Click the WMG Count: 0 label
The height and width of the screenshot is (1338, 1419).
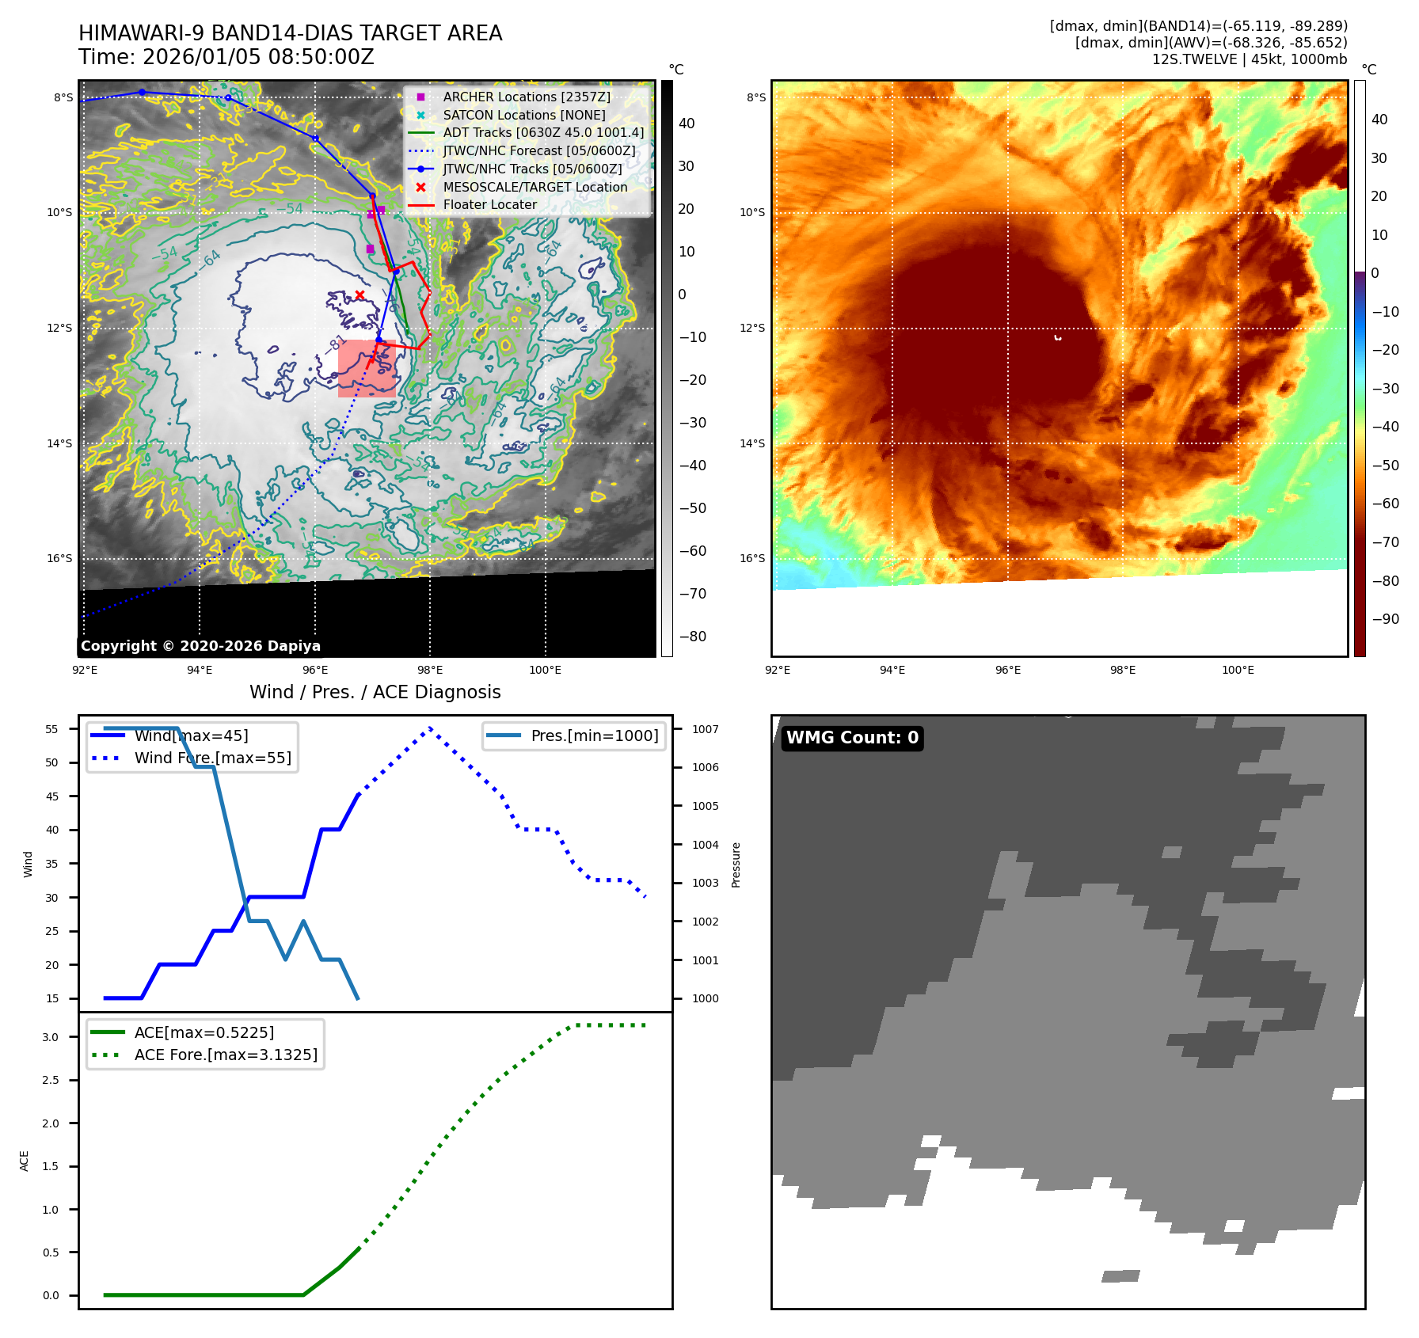(852, 738)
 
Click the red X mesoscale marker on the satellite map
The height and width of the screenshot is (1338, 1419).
(360, 295)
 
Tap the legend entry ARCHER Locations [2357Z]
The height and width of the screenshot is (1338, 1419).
(526, 97)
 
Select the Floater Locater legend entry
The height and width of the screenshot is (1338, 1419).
(489, 204)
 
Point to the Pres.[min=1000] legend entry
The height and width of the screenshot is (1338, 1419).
(594, 736)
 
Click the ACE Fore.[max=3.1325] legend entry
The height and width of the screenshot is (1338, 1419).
(226, 1055)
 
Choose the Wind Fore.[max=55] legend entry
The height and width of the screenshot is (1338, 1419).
(212, 758)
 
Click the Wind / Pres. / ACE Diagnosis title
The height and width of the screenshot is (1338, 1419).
(375, 692)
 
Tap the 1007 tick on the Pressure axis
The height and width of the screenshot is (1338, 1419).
(706, 729)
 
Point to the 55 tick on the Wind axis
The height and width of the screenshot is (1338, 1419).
(52, 729)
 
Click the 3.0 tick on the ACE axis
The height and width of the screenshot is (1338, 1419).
(51, 1037)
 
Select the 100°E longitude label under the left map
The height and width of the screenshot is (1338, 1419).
(545, 670)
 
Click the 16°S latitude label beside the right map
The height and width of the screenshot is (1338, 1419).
(752, 558)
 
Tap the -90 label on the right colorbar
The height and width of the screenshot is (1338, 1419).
(1386, 619)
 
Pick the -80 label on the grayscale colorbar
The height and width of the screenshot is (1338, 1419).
(692, 637)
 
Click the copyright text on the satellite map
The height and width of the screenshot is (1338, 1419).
(200, 646)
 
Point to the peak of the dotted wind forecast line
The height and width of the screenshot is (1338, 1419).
(430, 728)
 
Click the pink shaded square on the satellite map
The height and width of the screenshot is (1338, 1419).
(367, 369)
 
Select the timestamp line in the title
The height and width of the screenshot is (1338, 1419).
(226, 57)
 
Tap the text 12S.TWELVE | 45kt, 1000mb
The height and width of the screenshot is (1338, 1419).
(1249, 59)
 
